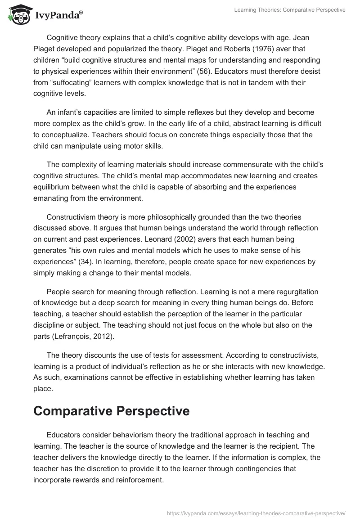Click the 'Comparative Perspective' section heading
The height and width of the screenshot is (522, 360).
(x=112, y=411)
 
